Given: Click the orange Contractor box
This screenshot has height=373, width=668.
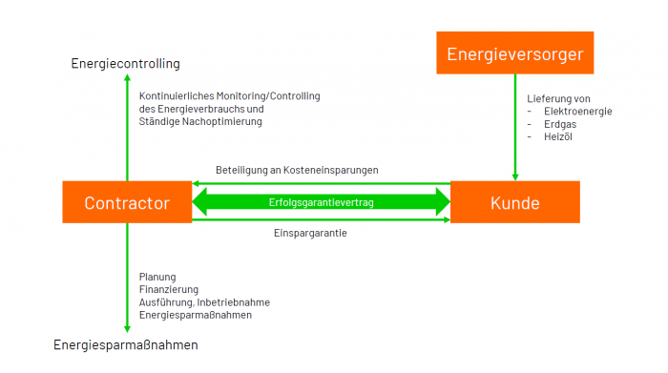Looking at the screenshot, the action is click(127, 202).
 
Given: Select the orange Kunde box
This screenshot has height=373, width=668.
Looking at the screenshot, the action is click(515, 202).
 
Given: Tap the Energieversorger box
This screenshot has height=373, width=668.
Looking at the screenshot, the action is click(515, 52).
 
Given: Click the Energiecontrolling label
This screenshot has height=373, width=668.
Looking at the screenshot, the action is click(126, 64).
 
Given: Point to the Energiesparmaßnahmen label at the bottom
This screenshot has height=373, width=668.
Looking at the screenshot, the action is click(126, 344).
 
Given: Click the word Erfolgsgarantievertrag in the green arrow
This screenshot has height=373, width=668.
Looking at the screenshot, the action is click(322, 202).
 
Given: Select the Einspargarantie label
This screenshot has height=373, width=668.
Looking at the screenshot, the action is click(310, 233).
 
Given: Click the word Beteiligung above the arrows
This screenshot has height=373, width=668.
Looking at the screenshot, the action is click(241, 171).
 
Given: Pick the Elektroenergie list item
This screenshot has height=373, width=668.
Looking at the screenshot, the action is click(578, 112).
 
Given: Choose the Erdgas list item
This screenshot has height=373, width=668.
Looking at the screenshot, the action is click(560, 124).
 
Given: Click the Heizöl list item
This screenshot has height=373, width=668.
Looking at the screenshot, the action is click(558, 136).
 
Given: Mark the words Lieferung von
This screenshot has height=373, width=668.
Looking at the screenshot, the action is click(558, 99).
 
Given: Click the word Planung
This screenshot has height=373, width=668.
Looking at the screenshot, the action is click(157, 278).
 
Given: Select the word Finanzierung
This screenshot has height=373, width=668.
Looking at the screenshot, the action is click(169, 290).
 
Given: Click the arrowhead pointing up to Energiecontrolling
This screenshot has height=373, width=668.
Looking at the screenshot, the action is click(127, 77).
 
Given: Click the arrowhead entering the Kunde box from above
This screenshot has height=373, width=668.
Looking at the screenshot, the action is click(515, 177).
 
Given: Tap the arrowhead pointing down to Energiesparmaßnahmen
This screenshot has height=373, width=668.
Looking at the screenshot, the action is click(127, 329).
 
